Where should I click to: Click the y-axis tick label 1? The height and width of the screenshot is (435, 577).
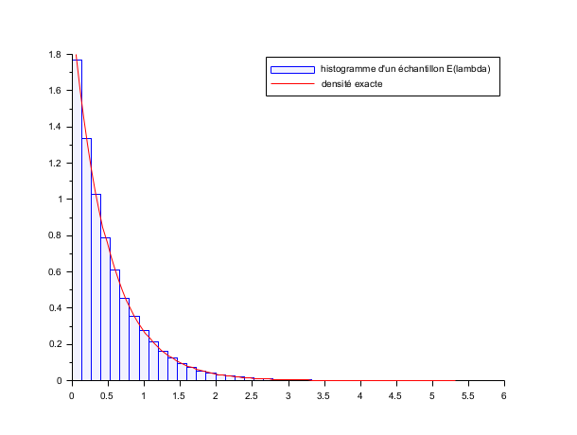(61, 200)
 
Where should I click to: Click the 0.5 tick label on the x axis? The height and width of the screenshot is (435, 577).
(108, 396)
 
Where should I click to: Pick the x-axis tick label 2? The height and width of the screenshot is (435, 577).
(216, 396)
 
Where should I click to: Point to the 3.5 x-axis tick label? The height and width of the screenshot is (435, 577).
(323, 396)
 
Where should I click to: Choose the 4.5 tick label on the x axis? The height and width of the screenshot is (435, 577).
(396, 396)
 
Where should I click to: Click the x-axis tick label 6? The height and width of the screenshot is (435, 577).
(504, 396)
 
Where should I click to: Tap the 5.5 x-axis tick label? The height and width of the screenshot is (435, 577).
(468, 396)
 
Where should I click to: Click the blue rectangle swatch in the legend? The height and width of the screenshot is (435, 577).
(292, 69)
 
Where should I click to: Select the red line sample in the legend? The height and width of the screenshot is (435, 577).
(292, 85)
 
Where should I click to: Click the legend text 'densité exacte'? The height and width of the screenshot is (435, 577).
(352, 85)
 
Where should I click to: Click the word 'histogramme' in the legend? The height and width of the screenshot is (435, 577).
(351, 69)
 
